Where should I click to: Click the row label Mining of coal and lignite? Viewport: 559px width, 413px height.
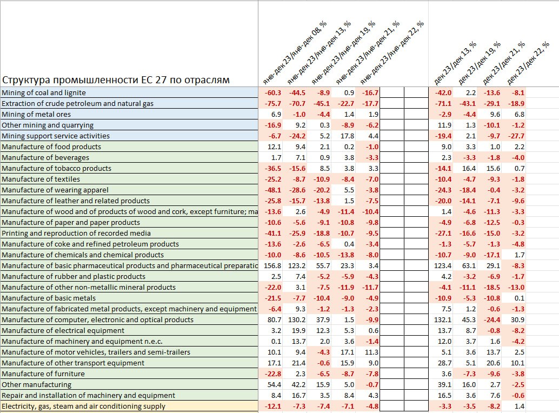pyautogui.click(x=44, y=92)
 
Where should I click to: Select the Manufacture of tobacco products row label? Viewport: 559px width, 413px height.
pyautogui.click(x=56, y=168)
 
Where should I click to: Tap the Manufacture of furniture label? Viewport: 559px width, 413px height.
pyautogui.click(x=43, y=374)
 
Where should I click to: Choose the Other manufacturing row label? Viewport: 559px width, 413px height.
pyautogui.click(x=36, y=384)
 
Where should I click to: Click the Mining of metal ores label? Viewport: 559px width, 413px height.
pyautogui.click(x=36, y=115)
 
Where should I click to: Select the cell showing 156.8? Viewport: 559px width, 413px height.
pyautogui.click(x=272, y=266)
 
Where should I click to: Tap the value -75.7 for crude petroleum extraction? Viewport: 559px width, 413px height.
pyautogui.click(x=272, y=104)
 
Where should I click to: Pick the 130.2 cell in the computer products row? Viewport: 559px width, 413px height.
pyautogui.click(x=297, y=319)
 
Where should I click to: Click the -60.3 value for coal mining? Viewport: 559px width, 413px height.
pyautogui.click(x=272, y=92)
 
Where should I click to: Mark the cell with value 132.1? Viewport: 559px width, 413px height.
pyautogui.click(x=442, y=319)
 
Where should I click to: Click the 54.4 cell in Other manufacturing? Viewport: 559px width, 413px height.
pyautogui.click(x=274, y=384)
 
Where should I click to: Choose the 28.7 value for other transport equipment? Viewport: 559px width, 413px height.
pyautogui.click(x=444, y=363)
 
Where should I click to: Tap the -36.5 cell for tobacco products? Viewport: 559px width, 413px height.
pyautogui.click(x=272, y=168)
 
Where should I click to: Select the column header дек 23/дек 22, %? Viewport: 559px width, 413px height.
pyautogui.click(x=528, y=63)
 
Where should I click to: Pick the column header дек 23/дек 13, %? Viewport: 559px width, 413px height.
pyautogui.click(x=455, y=63)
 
